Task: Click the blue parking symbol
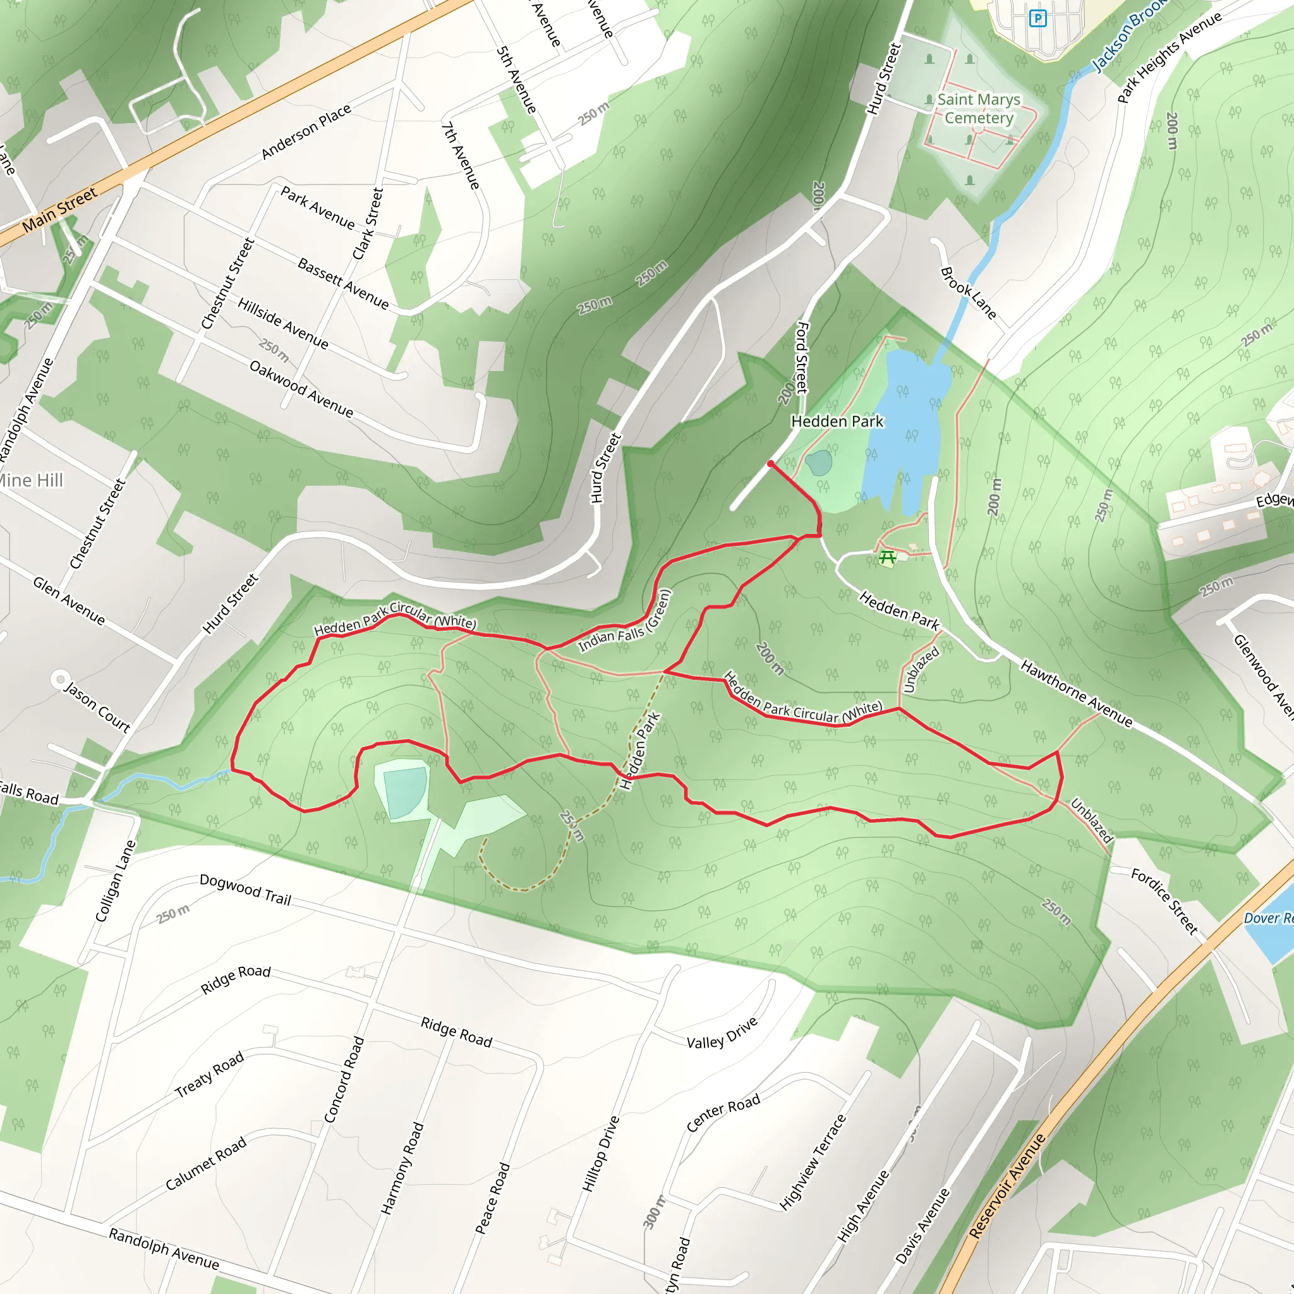tap(1037, 18)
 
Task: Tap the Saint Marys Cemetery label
tap(979, 109)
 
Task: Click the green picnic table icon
tap(888, 557)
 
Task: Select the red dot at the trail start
tap(771, 464)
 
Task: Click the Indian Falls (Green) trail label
tap(624, 621)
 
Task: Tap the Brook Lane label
tap(968, 293)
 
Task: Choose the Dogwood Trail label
tap(245, 890)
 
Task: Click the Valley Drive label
tap(722, 1033)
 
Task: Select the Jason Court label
tap(97, 706)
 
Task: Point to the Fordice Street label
tap(1164, 901)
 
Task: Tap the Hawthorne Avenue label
tap(1076, 692)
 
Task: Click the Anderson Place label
tap(306, 131)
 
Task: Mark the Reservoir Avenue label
tap(1007, 1185)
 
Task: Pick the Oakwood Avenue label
tap(301, 389)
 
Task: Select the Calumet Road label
tap(205, 1164)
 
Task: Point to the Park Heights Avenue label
tap(1169, 57)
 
